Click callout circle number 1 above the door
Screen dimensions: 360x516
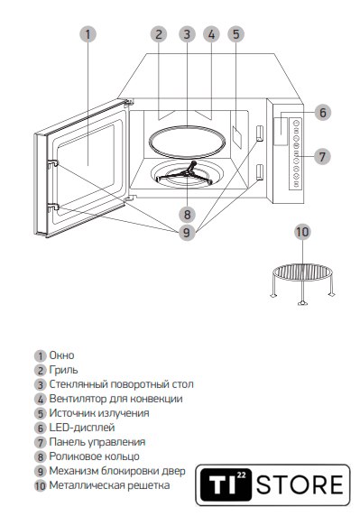(x=88, y=34)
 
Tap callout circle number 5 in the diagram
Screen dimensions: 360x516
(x=236, y=34)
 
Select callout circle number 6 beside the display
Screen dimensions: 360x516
(x=323, y=113)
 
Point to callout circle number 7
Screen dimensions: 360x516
(x=322, y=157)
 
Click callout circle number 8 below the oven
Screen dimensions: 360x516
(x=187, y=215)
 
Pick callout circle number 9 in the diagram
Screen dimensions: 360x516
(x=187, y=233)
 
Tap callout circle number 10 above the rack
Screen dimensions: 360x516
(x=302, y=232)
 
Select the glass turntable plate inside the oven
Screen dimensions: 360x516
(x=187, y=141)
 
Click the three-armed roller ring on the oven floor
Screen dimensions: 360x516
(x=186, y=173)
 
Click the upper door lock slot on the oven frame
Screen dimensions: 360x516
(x=260, y=133)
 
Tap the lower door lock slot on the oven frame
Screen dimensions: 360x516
(x=260, y=172)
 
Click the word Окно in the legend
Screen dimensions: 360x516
(x=61, y=355)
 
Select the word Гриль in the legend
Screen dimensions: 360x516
(x=63, y=370)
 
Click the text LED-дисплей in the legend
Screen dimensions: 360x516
(x=82, y=428)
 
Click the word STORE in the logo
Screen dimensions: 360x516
(x=300, y=484)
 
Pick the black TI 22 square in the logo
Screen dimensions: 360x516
(x=226, y=484)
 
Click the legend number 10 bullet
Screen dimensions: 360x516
(x=40, y=485)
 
